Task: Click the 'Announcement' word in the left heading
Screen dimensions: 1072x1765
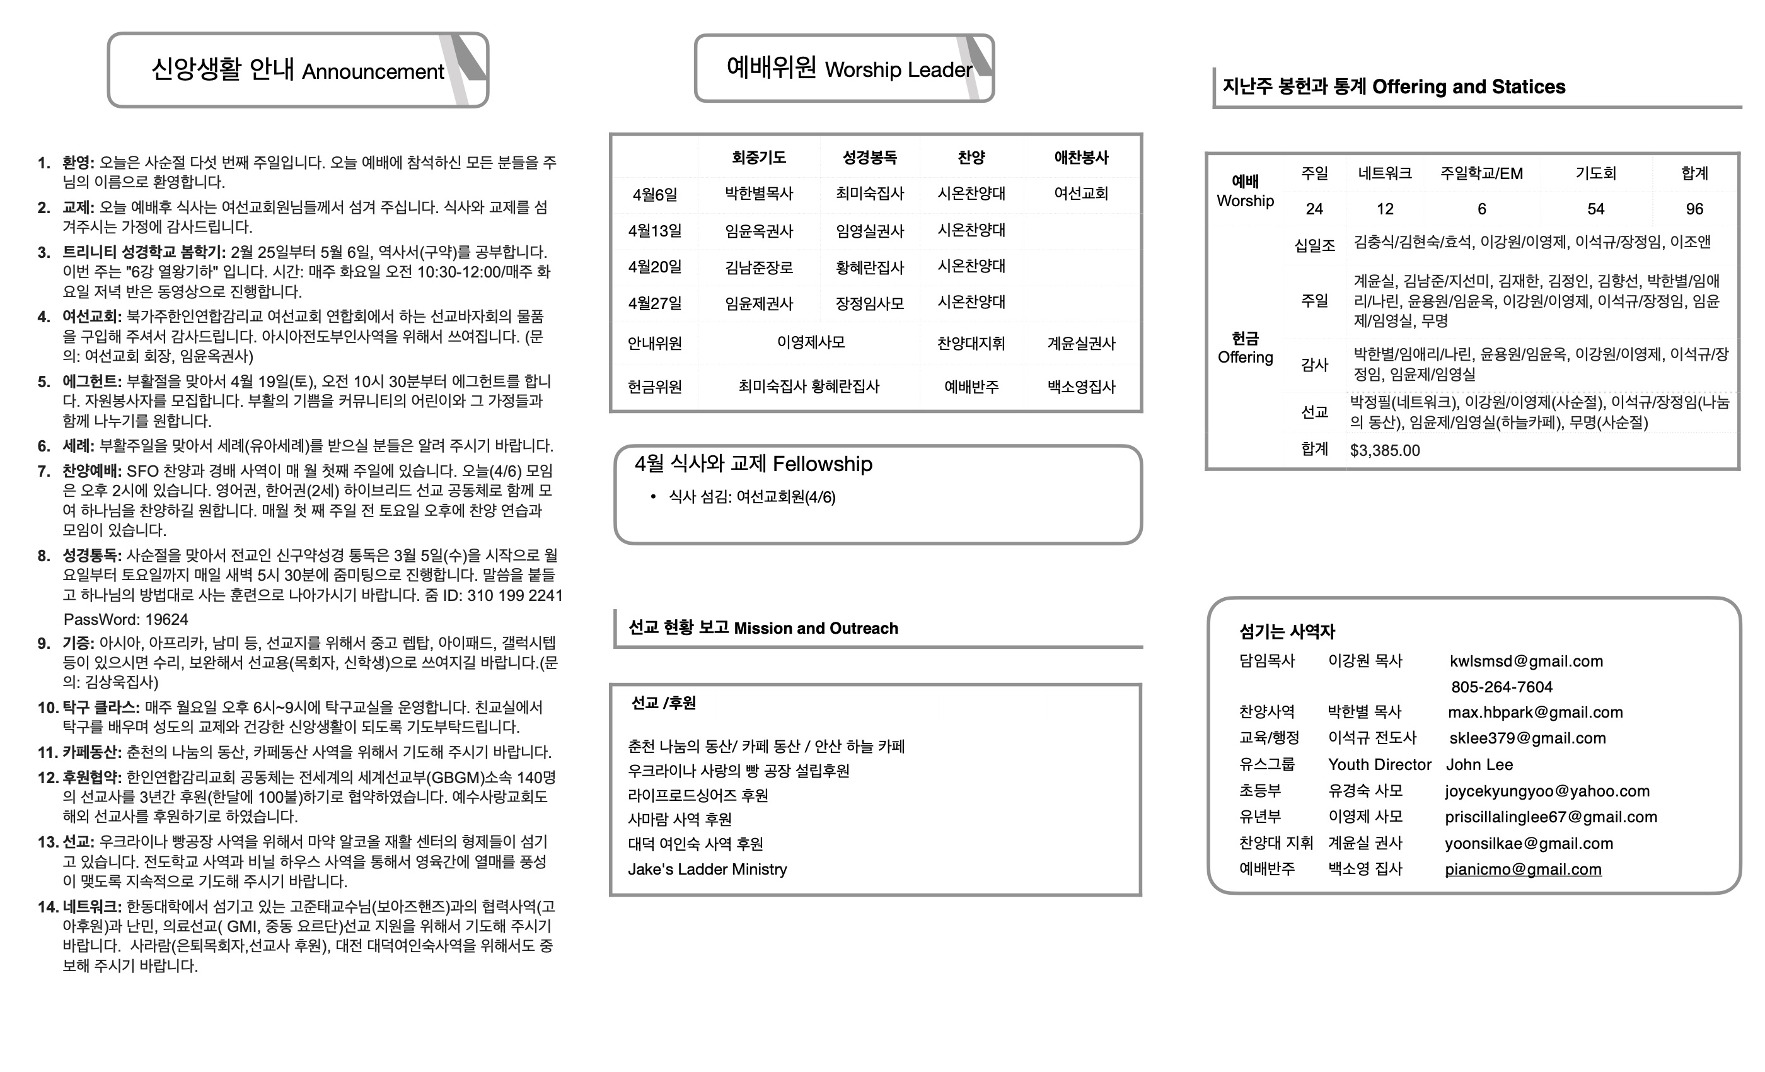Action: (x=373, y=72)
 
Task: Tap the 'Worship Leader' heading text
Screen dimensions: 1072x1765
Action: (x=898, y=69)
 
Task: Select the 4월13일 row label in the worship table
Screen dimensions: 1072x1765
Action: (x=655, y=231)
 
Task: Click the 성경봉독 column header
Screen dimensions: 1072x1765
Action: (x=870, y=158)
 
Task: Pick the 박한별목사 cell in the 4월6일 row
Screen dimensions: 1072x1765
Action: (x=758, y=194)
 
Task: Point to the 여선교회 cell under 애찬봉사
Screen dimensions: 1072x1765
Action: (x=1081, y=194)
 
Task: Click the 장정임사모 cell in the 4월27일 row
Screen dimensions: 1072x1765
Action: (x=870, y=303)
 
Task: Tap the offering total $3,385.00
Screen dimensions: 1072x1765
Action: (x=1385, y=450)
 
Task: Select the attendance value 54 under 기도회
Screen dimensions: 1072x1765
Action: (x=1595, y=209)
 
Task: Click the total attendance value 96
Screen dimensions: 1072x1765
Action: (x=1694, y=209)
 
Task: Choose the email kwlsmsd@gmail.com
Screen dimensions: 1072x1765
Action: (x=1525, y=661)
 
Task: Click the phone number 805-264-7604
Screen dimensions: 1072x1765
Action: (x=1502, y=687)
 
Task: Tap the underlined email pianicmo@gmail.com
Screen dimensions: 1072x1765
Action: (x=1523, y=869)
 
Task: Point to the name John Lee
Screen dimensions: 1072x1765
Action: (x=1479, y=764)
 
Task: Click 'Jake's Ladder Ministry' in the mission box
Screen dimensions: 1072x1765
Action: (x=707, y=869)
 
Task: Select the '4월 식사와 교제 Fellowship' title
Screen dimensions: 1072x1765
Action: (x=753, y=464)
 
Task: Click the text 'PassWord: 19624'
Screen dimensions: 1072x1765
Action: (x=125, y=619)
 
